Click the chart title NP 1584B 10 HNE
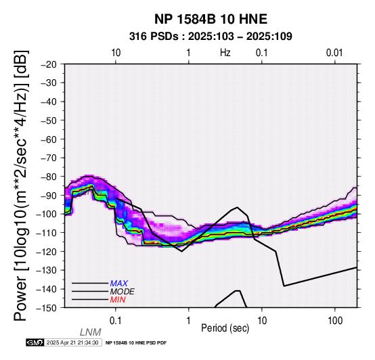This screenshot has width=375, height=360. click(x=211, y=19)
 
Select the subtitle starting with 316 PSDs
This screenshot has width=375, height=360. click(x=211, y=37)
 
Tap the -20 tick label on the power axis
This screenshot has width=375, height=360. click(x=49, y=64)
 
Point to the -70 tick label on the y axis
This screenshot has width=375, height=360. click(x=49, y=158)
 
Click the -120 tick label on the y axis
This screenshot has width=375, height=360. click(x=47, y=252)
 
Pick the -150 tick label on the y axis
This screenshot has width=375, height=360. click(x=47, y=308)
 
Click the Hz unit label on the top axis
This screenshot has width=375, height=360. click(x=225, y=53)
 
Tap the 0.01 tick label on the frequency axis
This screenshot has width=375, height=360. click(x=334, y=53)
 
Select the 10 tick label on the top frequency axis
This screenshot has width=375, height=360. click(x=116, y=53)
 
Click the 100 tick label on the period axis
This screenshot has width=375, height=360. click(x=335, y=321)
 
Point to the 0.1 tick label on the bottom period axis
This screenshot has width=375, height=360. click(x=115, y=321)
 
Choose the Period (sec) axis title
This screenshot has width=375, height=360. click(x=225, y=328)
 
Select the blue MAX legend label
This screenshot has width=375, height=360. click(x=118, y=284)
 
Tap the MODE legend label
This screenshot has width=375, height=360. click(x=123, y=292)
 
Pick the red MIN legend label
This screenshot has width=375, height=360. click(x=118, y=300)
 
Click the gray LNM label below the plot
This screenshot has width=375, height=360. click(x=91, y=332)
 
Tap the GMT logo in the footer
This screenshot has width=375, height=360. click(x=35, y=342)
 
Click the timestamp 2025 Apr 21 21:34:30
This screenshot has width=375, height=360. click(x=72, y=342)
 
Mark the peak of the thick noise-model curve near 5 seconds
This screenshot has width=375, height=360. click(x=237, y=207)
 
